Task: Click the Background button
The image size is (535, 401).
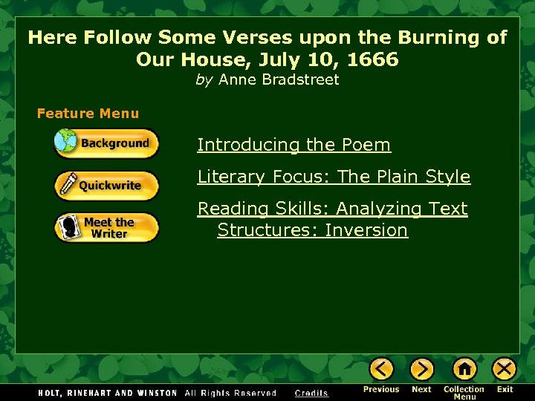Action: (107, 143)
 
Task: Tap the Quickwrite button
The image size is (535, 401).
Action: (107, 186)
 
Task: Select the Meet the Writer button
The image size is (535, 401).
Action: (107, 227)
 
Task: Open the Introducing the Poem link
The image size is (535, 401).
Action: (294, 145)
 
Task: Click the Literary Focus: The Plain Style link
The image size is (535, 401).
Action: (334, 177)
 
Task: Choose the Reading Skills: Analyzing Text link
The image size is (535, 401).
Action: (332, 209)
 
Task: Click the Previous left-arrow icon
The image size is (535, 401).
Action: (381, 369)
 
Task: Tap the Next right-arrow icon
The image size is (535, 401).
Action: (421, 369)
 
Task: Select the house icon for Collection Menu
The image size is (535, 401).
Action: (464, 369)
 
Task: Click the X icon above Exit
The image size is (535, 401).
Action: (505, 369)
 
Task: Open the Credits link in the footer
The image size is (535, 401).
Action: (311, 393)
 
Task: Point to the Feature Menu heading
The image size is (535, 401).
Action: (88, 114)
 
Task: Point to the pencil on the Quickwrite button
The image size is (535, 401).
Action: (69, 185)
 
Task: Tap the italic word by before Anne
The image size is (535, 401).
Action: (204, 79)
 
